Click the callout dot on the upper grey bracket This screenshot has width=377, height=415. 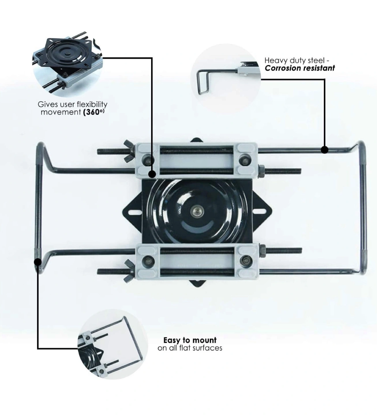coord(152,174)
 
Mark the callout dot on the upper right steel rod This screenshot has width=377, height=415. coord(325,150)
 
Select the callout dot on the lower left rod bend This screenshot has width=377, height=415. coord(38,262)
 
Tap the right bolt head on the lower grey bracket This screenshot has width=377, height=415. coord(246,260)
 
